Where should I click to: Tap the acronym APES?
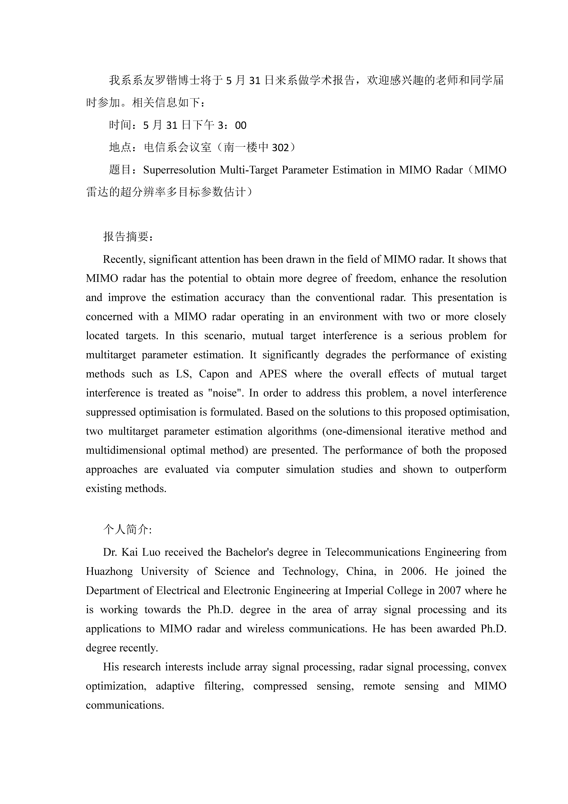[273, 374]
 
